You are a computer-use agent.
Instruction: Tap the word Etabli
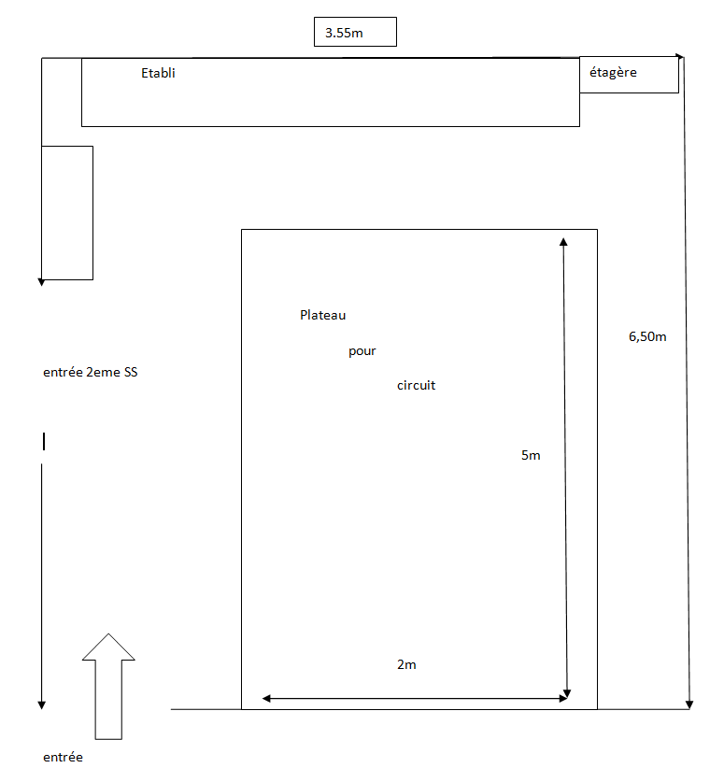pyautogui.click(x=158, y=73)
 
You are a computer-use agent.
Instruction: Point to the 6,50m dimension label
pyautogui.click(x=647, y=336)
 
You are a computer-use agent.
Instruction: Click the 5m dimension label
pyautogui.click(x=531, y=455)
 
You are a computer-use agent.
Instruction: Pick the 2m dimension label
pyautogui.click(x=406, y=664)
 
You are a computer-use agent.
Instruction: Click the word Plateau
pyautogui.click(x=323, y=315)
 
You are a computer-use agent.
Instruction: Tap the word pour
pyautogui.click(x=362, y=351)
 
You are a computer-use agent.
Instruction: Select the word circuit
pyautogui.click(x=416, y=386)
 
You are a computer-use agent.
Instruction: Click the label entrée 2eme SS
pyautogui.click(x=90, y=372)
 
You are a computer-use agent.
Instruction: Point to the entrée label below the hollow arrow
pyautogui.click(x=63, y=757)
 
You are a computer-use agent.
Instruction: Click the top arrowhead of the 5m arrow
pyautogui.click(x=563, y=241)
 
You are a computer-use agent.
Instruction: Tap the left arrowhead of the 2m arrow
pyautogui.click(x=266, y=699)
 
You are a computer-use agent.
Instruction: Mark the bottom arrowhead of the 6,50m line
pyautogui.click(x=689, y=704)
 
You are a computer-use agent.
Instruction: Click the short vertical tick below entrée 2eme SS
pyautogui.click(x=44, y=441)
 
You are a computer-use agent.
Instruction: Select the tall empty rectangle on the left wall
pyautogui.click(x=67, y=213)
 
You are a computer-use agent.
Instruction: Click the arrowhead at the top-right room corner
pyautogui.click(x=679, y=56)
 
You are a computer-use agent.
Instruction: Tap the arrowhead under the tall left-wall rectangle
pyautogui.click(x=42, y=282)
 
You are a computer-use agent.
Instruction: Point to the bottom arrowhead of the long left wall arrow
pyautogui.click(x=42, y=705)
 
